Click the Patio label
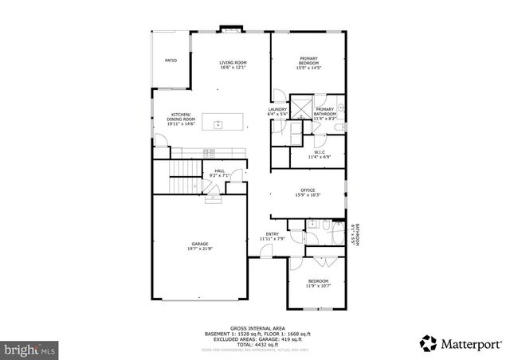171,60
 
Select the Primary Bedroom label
308,61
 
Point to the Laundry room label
277,112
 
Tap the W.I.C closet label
318,153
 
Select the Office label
308,192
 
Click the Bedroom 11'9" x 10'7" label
318,283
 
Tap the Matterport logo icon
429,342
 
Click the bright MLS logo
29,349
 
